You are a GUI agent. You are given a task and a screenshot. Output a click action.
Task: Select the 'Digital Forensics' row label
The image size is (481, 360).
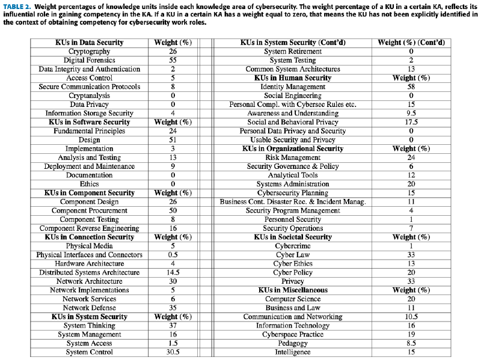[x=89, y=60]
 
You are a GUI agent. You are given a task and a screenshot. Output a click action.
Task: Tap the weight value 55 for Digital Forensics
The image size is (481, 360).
[x=173, y=60]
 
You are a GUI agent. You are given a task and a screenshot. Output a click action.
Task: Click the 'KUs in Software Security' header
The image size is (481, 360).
[x=89, y=122]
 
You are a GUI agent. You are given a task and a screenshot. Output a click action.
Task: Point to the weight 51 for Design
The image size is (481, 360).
[x=173, y=140]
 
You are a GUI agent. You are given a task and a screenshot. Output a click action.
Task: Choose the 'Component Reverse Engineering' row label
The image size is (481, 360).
[x=89, y=228]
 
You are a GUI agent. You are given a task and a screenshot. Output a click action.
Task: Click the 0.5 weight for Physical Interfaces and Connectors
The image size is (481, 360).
[x=173, y=255]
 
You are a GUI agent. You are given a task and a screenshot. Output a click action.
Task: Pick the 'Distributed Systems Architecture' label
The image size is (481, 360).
[x=89, y=272]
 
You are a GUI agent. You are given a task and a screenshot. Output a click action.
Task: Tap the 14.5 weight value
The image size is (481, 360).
[x=173, y=272]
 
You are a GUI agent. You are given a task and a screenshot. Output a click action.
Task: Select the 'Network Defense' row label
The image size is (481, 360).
[x=89, y=308]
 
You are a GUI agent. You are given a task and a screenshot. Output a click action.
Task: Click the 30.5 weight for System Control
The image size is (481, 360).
[x=173, y=352]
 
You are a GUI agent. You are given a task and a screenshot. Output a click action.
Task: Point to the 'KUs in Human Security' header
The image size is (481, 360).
[x=293, y=78]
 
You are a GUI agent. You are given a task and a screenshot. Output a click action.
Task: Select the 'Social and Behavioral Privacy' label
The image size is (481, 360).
[x=293, y=122]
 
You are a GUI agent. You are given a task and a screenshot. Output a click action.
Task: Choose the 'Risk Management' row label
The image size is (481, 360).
[x=293, y=157]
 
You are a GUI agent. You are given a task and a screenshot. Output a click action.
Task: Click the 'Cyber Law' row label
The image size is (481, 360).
[x=293, y=255]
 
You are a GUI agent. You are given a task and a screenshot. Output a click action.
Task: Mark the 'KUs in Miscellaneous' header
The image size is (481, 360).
[x=293, y=290]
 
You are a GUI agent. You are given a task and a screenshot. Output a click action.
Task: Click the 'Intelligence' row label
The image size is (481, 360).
[x=293, y=352]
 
